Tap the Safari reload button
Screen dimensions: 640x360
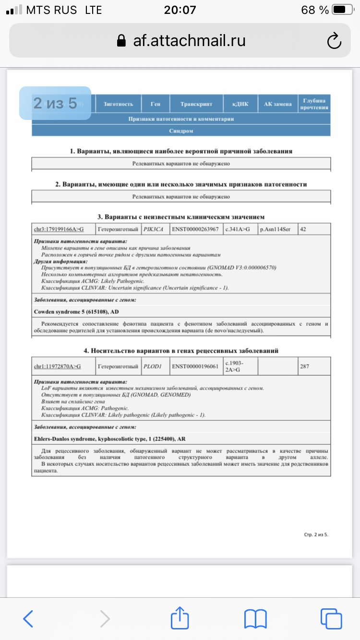pos(334,41)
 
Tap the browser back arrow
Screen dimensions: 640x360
pos(28,618)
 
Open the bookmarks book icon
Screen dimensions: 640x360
pos(255,618)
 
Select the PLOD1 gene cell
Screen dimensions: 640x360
pos(153,367)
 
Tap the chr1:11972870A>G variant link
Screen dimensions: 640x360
pos(57,367)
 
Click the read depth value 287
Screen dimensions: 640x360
pos(304,367)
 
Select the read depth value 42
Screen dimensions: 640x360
pos(303,229)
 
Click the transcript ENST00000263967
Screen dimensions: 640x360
pos(195,229)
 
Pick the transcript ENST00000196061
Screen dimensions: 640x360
pos(195,367)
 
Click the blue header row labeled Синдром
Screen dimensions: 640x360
pos(181,130)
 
